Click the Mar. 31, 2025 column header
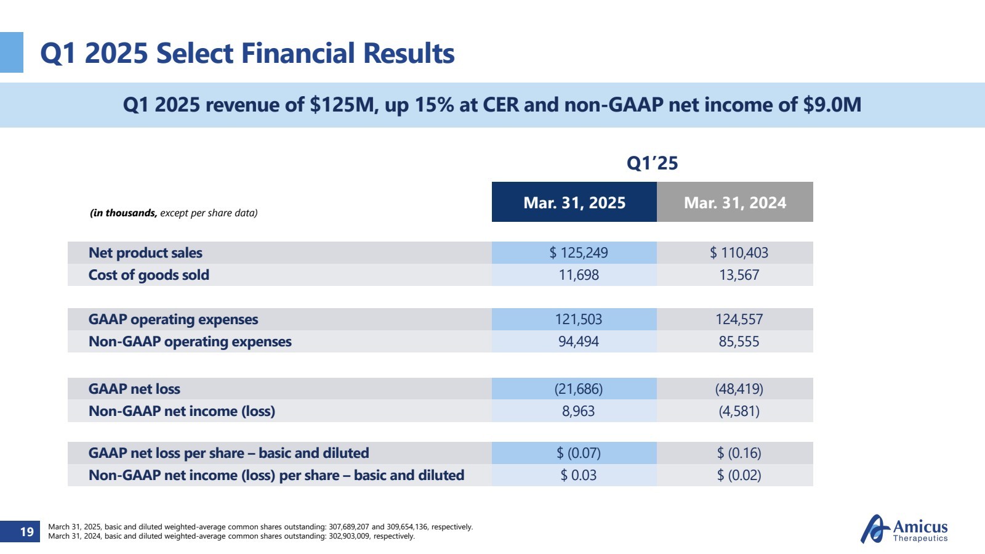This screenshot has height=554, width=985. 574,202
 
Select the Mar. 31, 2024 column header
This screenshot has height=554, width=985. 735,202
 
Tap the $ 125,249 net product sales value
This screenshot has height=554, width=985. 578,253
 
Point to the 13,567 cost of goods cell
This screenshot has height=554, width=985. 739,275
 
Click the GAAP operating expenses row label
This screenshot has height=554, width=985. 173,319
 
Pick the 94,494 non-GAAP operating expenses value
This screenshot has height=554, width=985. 578,341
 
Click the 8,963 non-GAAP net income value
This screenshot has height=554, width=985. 578,411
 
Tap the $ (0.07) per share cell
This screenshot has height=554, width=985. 578,453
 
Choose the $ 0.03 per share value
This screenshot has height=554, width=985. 578,475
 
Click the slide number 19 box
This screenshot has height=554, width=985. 26,531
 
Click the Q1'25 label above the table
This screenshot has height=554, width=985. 652,163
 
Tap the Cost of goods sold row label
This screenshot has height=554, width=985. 148,275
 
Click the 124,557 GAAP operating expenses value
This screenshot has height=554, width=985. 739,319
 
